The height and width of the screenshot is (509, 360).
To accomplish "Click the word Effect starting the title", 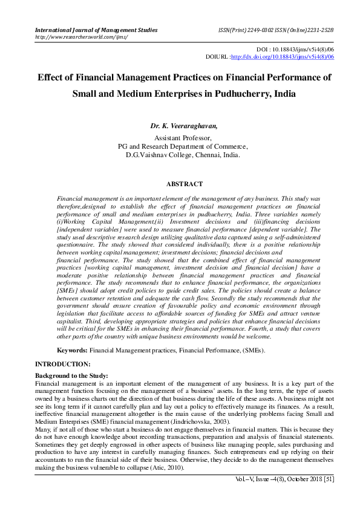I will tap(53, 77).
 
